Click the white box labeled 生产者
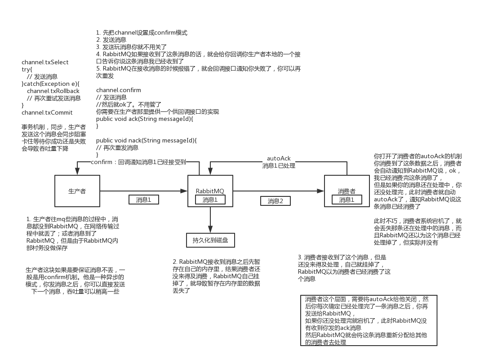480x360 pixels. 77,191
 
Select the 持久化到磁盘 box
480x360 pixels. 210,240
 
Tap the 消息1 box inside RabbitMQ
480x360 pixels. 210,200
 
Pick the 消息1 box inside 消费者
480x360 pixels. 347,200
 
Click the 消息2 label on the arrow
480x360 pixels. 276,201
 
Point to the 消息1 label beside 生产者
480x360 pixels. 143,200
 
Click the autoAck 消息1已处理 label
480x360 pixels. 279,162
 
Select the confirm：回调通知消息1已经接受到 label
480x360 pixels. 138,162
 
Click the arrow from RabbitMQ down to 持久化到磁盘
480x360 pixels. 210,220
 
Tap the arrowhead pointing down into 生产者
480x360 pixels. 77,171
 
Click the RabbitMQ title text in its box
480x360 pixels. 210,191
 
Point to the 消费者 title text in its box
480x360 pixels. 347,191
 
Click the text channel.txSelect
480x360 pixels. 45,62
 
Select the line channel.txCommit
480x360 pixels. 47,112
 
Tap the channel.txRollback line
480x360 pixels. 53,91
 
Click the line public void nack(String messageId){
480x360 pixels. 146,140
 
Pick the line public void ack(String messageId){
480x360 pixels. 144,119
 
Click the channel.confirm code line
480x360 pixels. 118,90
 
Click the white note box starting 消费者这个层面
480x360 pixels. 366,320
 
